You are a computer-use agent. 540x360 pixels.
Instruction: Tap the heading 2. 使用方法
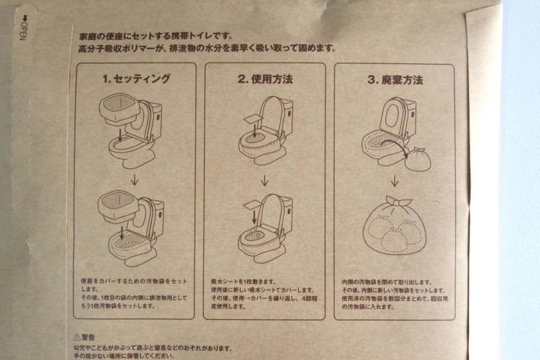point(264,79)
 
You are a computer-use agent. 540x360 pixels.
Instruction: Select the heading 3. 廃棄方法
point(394,79)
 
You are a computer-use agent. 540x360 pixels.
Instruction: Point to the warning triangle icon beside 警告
point(77,337)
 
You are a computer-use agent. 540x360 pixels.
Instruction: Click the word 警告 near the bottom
point(89,337)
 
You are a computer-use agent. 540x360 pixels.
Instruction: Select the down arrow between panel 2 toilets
point(264,180)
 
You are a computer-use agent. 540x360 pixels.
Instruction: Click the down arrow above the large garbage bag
point(394,181)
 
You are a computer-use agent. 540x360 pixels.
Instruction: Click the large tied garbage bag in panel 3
point(394,225)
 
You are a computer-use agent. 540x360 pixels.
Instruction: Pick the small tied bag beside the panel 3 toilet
point(417,158)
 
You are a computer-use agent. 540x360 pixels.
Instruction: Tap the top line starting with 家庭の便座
point(155,35)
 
